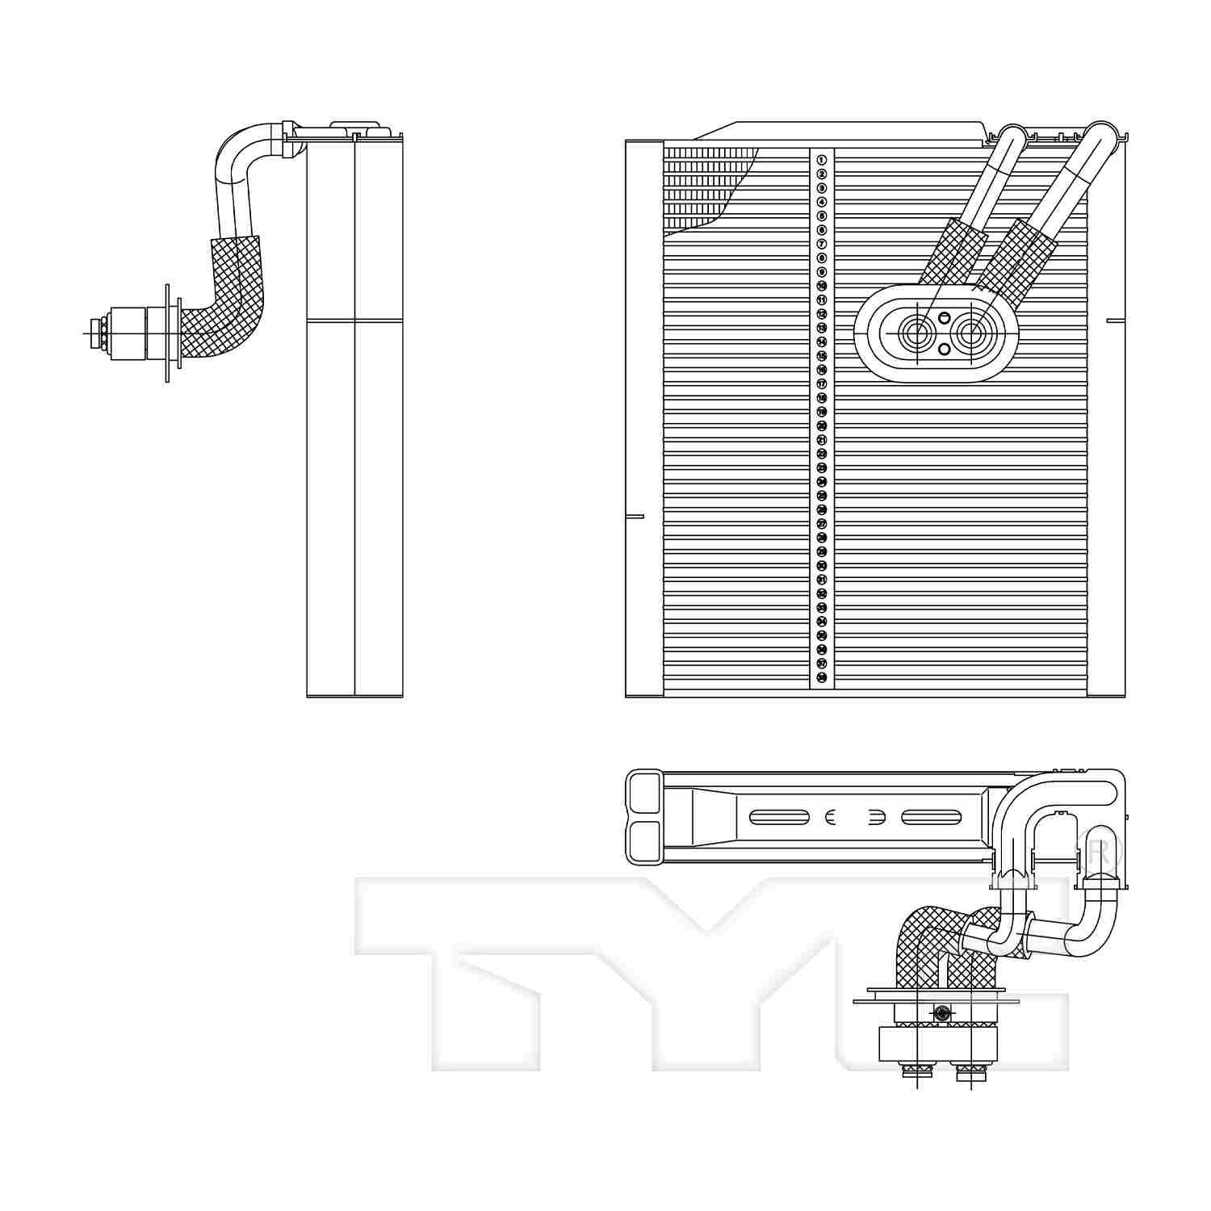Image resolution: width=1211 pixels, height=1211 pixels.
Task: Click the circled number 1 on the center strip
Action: (821, 160)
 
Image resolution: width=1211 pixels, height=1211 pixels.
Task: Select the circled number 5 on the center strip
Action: (821, 216)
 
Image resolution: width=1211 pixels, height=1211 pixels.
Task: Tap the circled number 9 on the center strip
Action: (821, 272)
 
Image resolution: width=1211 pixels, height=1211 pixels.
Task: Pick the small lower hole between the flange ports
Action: (944, 349)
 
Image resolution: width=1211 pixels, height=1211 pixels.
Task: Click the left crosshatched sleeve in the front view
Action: (953, 252)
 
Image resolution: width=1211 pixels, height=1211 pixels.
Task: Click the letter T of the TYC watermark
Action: (484, 969)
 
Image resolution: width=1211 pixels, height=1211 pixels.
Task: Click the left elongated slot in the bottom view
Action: (779, 818)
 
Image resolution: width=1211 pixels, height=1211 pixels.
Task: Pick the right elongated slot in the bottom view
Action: (931, 818)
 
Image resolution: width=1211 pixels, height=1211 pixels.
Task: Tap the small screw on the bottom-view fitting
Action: (941, 1012)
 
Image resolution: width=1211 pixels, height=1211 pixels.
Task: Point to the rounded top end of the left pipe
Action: (1012, 137)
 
